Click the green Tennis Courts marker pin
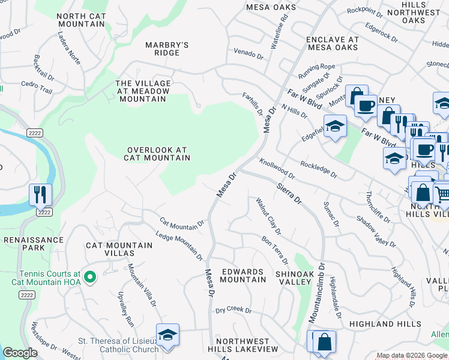pyautogui.click(x=90, y=277)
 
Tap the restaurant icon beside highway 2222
pyautogui.click(x=41, y=194)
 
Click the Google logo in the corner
pyautogui.click(x=20, y=353)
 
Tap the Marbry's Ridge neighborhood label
pyautogui.click(x=167, y=49)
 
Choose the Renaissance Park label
pyautogui.click(x=34, y=243)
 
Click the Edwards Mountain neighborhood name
pyautogui.click(x=243, y=275)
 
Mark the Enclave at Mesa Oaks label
pyautogui.click(x=332, y=43)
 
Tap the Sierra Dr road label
pyautogui.click(x=289, y=193)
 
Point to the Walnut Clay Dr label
pyautogui.click(x=269, y=216)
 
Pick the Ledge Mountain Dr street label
pyautogui.click(x=179, y=246)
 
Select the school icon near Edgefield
pyautogui.click(x=335, y=126)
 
